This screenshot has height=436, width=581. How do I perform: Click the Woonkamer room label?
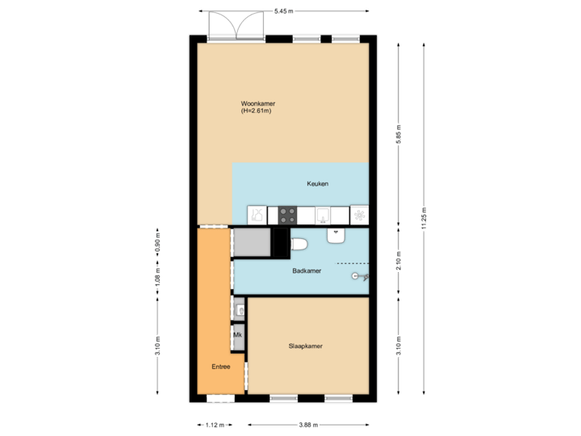[257, 103]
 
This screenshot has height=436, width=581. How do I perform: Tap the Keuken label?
[317, 184]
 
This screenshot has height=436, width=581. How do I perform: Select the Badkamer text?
[307, 271]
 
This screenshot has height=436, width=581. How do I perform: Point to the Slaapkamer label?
[306, 346]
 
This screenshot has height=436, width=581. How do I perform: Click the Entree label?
[220, 367]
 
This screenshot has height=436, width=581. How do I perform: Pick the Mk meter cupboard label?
[238, 333]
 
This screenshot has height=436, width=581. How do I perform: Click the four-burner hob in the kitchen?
[287, 215]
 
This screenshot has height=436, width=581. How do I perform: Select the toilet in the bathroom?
[299, 244]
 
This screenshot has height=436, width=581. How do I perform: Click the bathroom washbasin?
[336, 235]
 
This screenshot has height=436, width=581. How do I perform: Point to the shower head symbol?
[357, 276]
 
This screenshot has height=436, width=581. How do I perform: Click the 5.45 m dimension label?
[283, 10]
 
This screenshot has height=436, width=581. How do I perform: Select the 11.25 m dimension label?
[424, 218]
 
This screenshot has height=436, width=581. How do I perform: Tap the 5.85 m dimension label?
[399, 132]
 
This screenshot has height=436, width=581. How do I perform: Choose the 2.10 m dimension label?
[399, 262]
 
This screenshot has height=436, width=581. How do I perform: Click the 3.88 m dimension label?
[308, 425]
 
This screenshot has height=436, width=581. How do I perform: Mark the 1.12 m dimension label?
[215, 425]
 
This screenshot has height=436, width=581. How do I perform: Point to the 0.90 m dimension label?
[158, 243]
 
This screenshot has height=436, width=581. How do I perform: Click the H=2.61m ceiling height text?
[256, 111]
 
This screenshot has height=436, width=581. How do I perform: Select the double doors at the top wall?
[237, 24]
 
